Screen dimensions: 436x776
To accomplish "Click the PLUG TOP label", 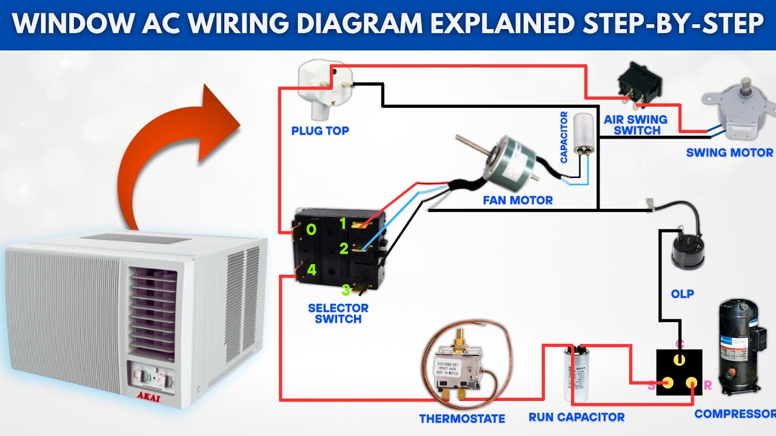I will (320, 130).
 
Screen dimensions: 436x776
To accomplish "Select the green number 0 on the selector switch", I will (311, 230).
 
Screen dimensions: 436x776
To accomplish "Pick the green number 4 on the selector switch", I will (311, 270).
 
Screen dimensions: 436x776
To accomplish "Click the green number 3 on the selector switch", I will (346, 290).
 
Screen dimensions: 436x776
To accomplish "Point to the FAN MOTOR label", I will (518, 200).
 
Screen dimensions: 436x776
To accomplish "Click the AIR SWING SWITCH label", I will (636, 125).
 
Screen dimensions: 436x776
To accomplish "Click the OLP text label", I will (683, 294).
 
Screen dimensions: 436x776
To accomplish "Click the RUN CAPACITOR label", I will (577, 417).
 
